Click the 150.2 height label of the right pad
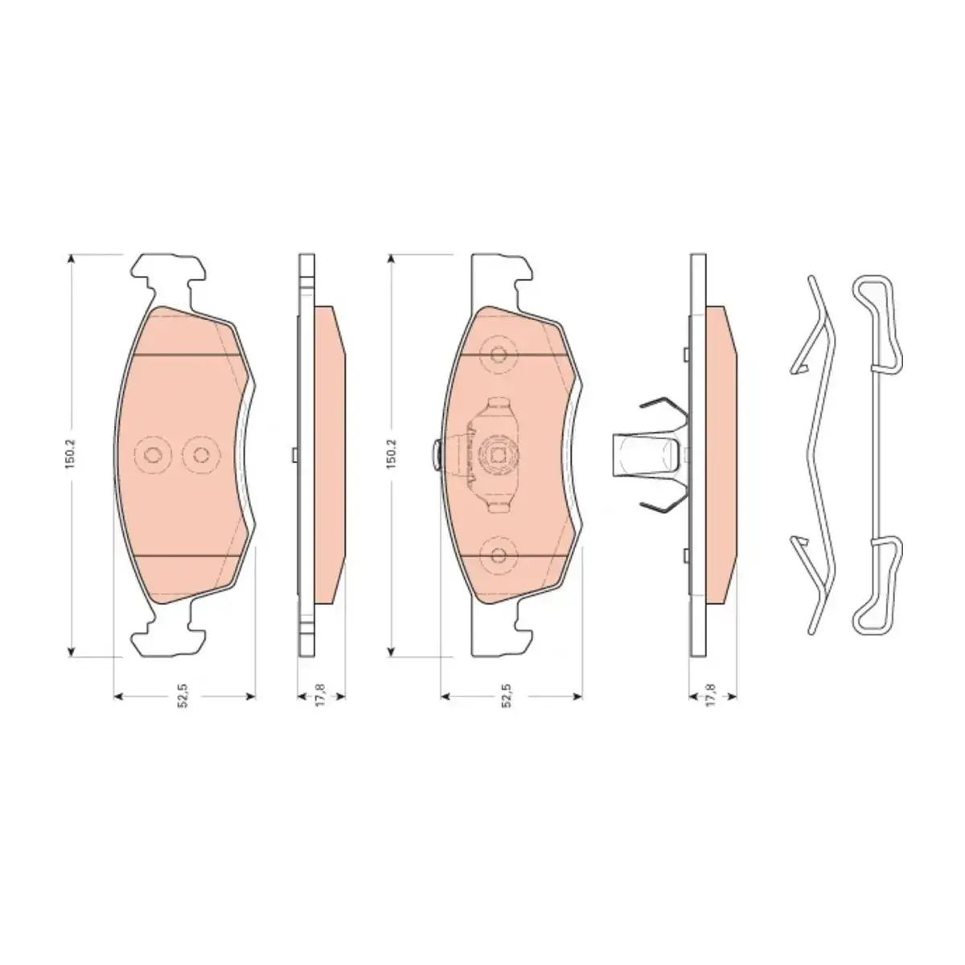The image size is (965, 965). pos(391,454)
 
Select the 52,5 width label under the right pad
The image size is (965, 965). pos(507,696)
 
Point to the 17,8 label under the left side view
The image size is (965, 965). pos(321,696)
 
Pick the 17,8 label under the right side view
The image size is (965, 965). pos(711,696)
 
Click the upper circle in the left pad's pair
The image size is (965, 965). pos(153,454)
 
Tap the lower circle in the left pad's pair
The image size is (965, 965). pos(201,454)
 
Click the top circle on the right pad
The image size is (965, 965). pos(498,355)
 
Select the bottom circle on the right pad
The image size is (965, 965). pos(498,555)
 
